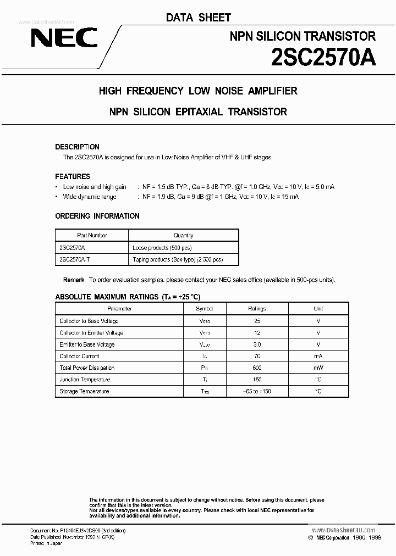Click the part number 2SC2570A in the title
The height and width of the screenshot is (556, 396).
point(323,57)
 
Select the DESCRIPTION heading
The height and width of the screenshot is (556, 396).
point(77,147)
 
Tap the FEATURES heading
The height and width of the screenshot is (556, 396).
point(73,176)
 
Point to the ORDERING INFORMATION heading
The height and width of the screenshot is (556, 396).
point(97,216)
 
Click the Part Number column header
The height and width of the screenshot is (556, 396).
point(92,235)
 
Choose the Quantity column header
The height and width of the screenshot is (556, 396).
point(184,235)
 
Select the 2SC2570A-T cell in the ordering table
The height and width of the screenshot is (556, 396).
point(74,259)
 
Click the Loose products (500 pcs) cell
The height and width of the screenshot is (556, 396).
point(162,247)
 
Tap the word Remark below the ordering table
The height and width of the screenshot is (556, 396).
point(74,280)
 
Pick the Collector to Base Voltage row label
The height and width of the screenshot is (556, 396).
point(89,321)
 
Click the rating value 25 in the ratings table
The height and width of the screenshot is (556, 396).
point(257,321)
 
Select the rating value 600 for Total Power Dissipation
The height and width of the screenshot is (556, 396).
point(257,368)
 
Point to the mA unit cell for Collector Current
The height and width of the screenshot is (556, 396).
point(318,356)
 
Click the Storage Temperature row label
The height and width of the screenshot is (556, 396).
point(84,391)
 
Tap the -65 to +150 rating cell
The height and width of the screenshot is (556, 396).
point(257,391)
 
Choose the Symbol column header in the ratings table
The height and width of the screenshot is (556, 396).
point(204,309)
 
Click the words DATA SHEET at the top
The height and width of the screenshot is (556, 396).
point(199,18)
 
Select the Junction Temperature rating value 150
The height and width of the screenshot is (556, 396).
point(257,380)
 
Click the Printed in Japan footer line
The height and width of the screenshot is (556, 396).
point(46,543)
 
